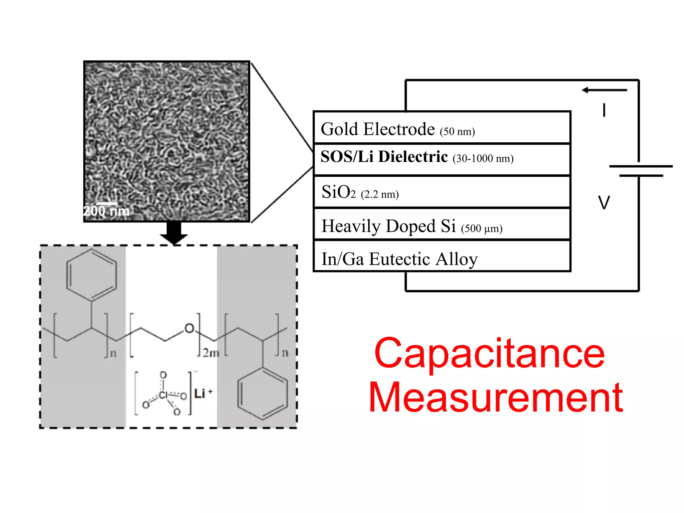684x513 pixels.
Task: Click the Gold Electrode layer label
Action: pos(377,129)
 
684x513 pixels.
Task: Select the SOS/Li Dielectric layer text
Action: pos(384,157)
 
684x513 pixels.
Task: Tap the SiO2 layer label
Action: pos(338,192)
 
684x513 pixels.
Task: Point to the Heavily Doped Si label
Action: pos(388,226)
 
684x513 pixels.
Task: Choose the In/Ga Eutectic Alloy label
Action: pos(399,259)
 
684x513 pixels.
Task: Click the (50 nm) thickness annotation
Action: pos(457,132)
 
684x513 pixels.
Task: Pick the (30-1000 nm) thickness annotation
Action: pos(483,158)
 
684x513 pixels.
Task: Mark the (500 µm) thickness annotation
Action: pos(482,228)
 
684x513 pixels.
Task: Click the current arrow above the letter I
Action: pos(604,90)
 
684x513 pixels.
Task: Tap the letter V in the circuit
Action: pos(604,202)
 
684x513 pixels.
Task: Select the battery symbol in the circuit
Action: pos(640,171)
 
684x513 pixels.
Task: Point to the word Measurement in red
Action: pos(496,397)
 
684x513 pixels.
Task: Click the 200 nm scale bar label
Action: pos(106,211)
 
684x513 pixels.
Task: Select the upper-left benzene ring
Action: pos(92,275)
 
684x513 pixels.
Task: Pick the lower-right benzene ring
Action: pos(263,394)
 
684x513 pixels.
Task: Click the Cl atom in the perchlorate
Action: pos(163,395)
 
